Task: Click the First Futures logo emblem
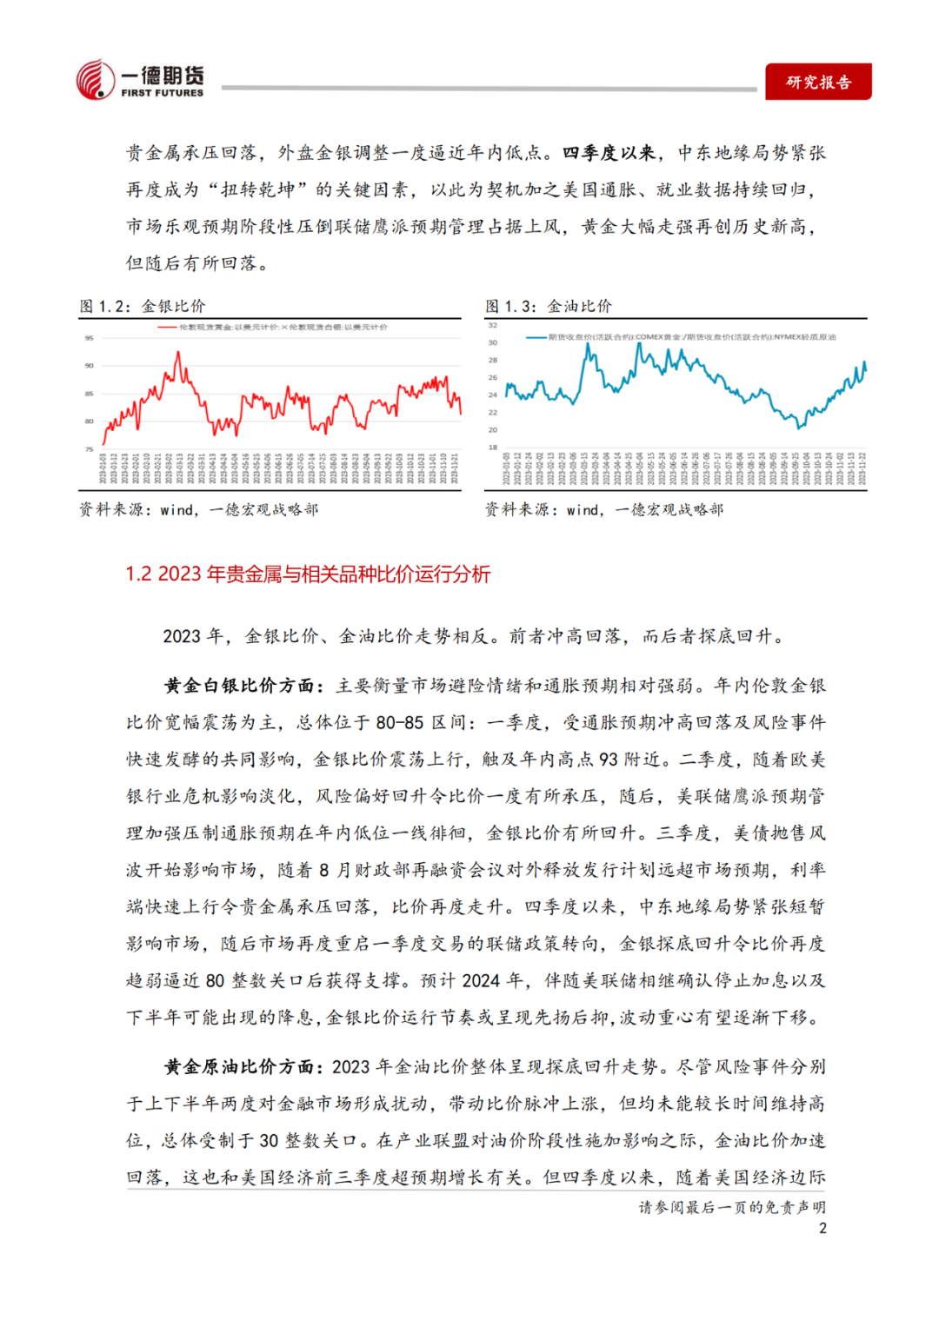[96, 80]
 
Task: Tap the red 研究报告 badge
[818, 82]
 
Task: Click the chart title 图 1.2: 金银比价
[143, 306]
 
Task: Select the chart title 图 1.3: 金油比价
[549, 306]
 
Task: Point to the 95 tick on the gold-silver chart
[89, 338]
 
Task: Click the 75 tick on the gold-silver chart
[89, 449]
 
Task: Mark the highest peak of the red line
[178, 352]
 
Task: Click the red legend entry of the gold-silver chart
[274, 327]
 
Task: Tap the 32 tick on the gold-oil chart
[493, 325]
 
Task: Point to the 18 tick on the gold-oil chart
[493, 448]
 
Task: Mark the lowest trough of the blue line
[800, 428]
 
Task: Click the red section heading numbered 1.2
[308, 574]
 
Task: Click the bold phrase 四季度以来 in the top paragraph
[609, 153]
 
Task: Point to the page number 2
[822, 1228]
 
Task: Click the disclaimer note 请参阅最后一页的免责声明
[732, 1207]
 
